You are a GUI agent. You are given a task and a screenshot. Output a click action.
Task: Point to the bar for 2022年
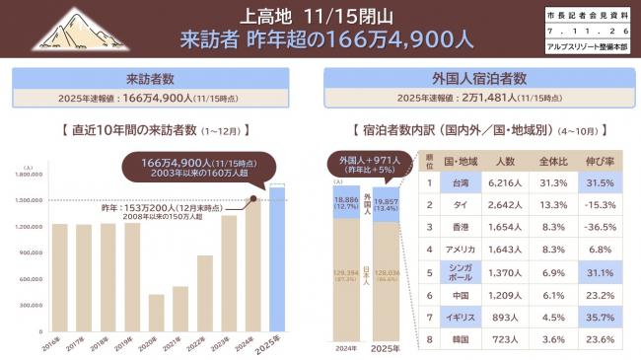pyautogui.click(x=204, y=293)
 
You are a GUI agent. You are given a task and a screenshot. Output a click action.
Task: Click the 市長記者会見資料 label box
pyautogui.click(x=585, y=18)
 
